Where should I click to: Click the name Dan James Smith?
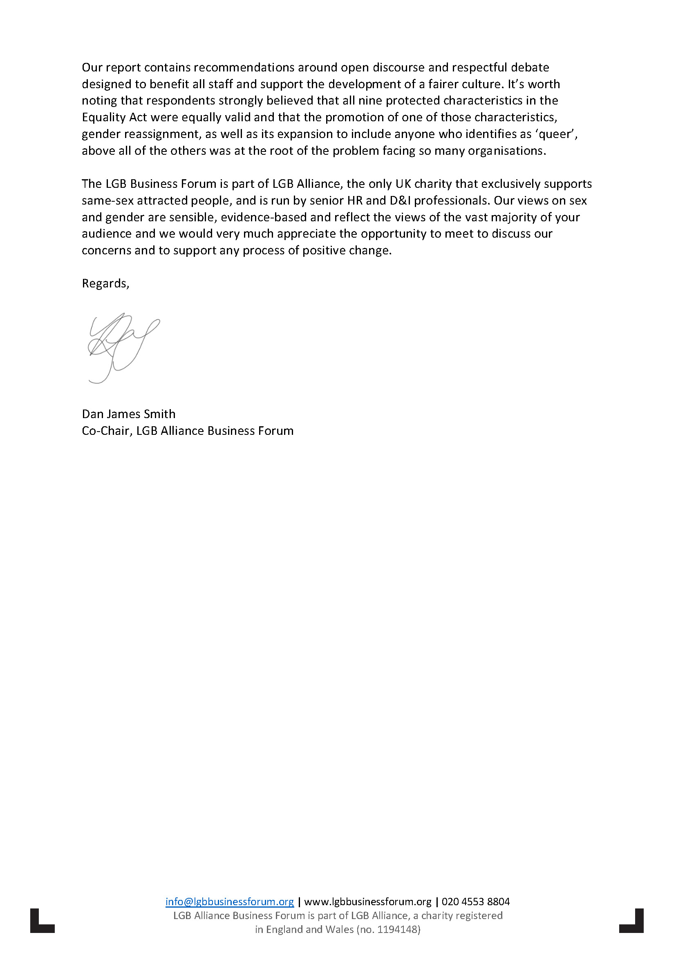[x=128, y=414]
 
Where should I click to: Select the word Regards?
[x=105, y=283]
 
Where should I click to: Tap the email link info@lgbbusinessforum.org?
[x=229, y=902]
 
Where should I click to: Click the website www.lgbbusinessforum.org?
[x=367, y=902]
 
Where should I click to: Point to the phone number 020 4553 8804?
[x=475, y=902]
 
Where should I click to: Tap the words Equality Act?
[x=114, y=117]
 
